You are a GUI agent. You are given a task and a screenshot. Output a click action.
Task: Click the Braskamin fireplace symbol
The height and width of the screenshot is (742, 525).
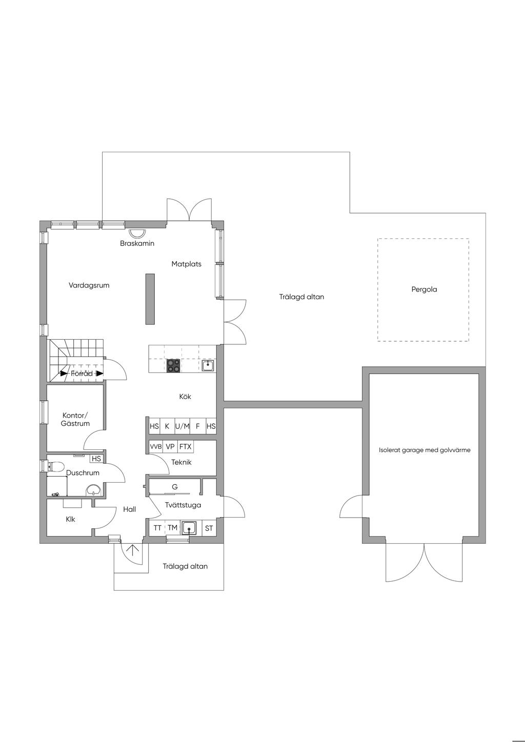[x=136, y=232]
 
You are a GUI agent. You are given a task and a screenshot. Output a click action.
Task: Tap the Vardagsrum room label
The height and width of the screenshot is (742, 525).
[x=89, y=285]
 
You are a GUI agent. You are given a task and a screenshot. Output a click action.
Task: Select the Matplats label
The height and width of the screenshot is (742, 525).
[x=186, y=264]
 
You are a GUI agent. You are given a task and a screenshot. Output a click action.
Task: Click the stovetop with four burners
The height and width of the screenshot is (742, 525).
[x=173, y=366]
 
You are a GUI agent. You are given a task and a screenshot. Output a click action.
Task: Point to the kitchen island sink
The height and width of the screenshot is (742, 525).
[x=208, y=366]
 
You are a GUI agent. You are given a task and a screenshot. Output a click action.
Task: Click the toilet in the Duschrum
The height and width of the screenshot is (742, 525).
[x=56, y=467]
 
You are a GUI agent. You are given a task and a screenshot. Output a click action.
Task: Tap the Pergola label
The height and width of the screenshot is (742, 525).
[x=424, y=289]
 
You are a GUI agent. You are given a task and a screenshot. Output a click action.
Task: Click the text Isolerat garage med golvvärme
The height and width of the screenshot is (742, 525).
[x=425, y=450]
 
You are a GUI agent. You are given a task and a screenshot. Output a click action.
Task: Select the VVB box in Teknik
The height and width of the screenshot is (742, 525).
[x=156, y=446]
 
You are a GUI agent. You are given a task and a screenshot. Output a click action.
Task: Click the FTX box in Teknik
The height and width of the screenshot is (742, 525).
[x=185, y=446]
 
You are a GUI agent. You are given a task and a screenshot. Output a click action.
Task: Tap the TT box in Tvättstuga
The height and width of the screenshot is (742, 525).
[x=157, y=528]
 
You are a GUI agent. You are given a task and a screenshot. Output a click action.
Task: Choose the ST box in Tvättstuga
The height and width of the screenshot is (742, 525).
[x=209, y=528]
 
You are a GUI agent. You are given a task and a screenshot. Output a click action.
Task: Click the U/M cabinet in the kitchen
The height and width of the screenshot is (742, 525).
[x=183, y=426]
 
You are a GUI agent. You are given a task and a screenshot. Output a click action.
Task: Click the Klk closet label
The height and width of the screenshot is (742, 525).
[x=70, y=519]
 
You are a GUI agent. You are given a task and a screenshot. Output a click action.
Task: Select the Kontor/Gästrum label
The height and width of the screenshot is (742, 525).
[x=75, y=419]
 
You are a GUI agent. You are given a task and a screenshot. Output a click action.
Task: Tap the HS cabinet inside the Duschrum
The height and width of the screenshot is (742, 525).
[x=96, y=459]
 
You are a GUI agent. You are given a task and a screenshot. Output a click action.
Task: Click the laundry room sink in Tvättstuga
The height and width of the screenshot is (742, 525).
[x=189, y=528]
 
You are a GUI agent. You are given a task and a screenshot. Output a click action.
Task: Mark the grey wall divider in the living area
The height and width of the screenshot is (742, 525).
[x=150, y=299]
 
